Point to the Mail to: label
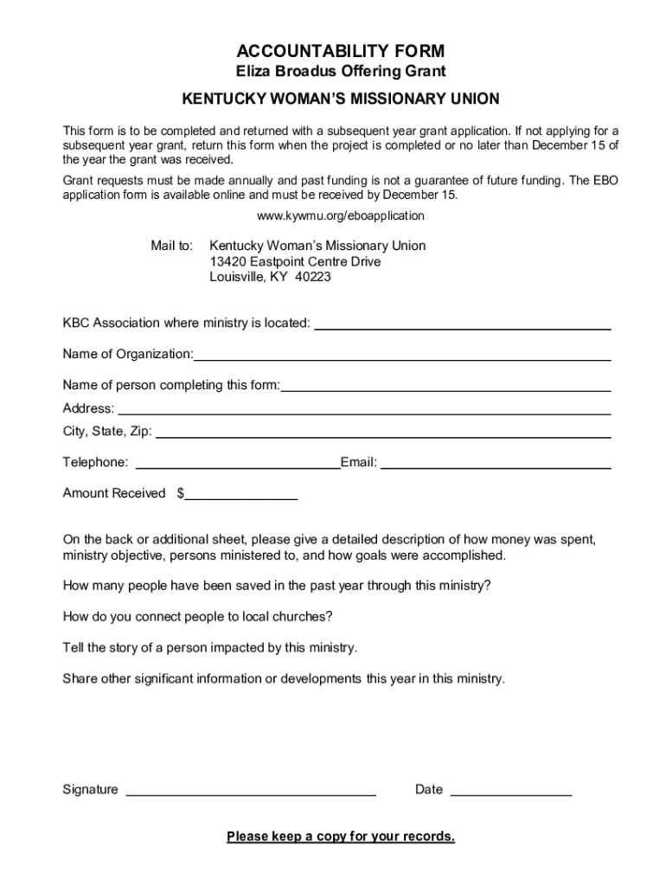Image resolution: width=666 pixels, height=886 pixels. point(172,246)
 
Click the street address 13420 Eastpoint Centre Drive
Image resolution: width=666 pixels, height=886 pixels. point(295,261)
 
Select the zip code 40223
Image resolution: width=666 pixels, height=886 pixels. point(312,278)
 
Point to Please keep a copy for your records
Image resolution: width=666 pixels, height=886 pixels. point(341,837)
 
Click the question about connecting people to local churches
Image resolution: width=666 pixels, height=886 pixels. point(198,617)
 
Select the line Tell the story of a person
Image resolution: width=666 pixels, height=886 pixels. point(210,647)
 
